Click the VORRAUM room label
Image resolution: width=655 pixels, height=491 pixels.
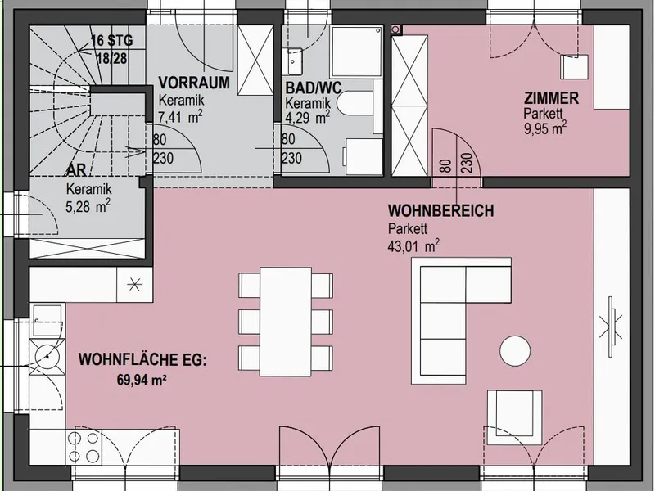coord(194,83)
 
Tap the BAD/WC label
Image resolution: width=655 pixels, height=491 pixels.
coord(314,88)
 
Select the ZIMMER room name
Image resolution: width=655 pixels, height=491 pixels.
coord(551,98)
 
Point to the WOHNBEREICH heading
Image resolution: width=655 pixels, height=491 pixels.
coord(440,210)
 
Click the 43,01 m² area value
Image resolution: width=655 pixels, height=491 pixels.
coord(413,245)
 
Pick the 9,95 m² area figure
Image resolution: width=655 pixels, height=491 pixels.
coord(545,128)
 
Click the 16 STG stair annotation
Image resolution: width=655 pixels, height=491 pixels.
coord(112,41)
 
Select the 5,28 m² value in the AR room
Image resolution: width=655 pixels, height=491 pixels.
coord(88,206)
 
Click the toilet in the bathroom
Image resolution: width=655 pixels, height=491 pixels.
coord(355,103)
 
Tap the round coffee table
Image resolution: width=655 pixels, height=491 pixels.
coord(515,351)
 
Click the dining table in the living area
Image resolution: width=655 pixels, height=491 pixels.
coord(286,322)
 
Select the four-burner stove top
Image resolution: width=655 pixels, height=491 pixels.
coord(84,447)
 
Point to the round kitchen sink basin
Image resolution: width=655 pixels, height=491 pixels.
coord(47,357)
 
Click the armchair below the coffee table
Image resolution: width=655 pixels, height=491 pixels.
coord(515,417)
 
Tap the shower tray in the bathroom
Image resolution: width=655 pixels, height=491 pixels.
coord(356,52)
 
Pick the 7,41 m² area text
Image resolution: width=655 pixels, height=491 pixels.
coord(180,117)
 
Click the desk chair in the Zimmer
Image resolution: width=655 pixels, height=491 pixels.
coord(574,67)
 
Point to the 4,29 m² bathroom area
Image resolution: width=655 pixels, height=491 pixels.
coord(308,117)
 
